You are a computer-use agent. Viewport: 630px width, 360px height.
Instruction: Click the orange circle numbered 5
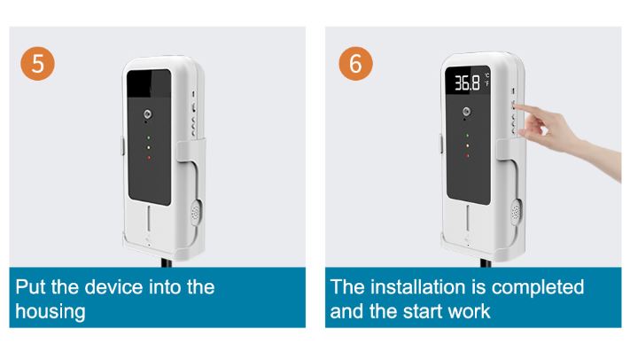(x=38, y=64)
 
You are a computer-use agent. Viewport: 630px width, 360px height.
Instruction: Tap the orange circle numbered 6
(x=355, y=64)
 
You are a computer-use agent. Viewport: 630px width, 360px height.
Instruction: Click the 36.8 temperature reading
(x=467, y=82)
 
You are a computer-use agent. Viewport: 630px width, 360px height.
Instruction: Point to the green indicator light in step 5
(x=149, y=137)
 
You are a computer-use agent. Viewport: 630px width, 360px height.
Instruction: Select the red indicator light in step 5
(x=149, y=158)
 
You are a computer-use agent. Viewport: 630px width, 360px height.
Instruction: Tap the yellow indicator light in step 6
(x=467, y=145)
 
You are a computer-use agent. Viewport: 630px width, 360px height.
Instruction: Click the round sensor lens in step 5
(x=148, y=114)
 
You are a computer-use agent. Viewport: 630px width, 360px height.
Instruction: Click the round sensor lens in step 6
(x=466, y=111)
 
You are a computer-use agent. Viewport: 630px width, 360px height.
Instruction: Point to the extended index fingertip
(x=517, y=106)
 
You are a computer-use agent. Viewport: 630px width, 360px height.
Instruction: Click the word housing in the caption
(x=51, y=312)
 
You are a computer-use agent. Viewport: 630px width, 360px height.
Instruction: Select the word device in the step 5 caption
(x=113, y=287)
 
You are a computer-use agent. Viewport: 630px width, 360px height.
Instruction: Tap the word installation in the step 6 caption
(x=418, y=287)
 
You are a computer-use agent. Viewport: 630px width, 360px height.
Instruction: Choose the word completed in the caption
(x=538, y=288)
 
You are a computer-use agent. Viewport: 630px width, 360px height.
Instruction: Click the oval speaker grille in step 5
(x=195, y=212)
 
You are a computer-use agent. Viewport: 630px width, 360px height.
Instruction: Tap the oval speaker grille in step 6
(x=515, y=211)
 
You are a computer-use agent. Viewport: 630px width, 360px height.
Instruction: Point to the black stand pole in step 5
(x=167, y=262)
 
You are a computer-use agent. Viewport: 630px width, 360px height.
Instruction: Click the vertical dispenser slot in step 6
(x=468, y=217)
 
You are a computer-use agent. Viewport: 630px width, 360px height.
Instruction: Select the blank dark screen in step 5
(x=149, y=137)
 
